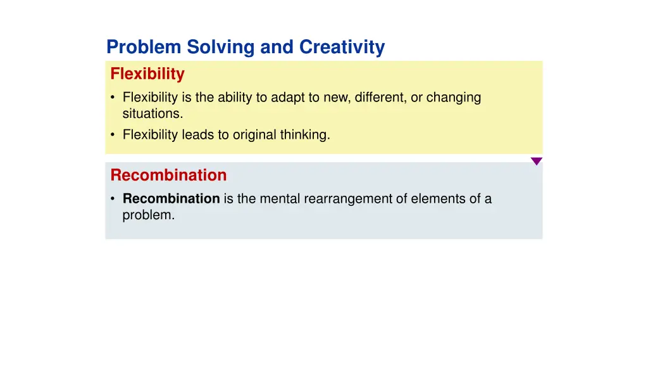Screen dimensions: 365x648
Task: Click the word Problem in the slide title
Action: point(144,48)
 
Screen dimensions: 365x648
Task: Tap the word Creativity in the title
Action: point(342,48)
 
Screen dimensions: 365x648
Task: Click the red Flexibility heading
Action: point(147,74)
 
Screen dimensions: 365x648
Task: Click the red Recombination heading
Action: point(168,175)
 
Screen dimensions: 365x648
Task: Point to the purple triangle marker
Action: point(536,161)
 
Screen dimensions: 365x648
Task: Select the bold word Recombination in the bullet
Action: point(171,199)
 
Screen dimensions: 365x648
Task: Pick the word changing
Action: point(454,98)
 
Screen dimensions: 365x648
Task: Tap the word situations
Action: point(153,114)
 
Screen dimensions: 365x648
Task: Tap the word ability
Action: point(237,98)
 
